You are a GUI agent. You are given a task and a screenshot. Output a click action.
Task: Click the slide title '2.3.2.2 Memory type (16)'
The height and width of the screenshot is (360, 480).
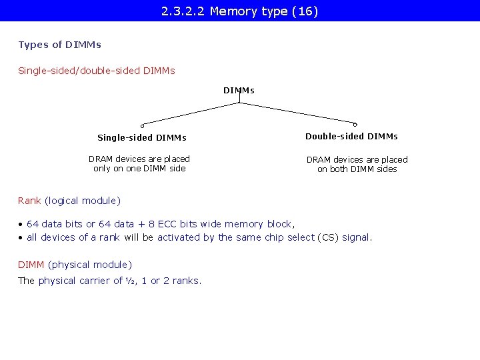click(239, 11)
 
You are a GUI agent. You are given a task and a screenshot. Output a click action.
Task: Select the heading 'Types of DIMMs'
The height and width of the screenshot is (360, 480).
click(60, 45)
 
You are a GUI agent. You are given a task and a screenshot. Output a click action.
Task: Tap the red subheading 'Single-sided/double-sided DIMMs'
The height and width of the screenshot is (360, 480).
click(97, 70)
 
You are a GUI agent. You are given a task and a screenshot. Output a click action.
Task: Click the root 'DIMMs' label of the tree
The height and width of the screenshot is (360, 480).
click(239, 90)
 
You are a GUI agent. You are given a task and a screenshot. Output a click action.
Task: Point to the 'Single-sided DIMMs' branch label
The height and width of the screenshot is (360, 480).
click(142, 138)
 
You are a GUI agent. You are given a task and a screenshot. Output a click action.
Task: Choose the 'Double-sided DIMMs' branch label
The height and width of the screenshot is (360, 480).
click(351, 136)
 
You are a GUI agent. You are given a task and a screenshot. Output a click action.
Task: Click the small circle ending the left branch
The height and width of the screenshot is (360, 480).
click(142, 125)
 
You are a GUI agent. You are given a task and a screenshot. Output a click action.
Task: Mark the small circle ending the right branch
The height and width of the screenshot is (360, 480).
click(355, 124)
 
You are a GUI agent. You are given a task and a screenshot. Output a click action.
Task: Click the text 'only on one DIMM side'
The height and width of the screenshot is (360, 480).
click(139, 169)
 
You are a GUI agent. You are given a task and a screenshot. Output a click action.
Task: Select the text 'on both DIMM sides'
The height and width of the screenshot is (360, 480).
click(357, 169)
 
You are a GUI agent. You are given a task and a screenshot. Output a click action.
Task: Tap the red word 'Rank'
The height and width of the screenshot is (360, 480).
click(29, 201)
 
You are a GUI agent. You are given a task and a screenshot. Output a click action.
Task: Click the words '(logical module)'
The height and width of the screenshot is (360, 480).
click(83, 201)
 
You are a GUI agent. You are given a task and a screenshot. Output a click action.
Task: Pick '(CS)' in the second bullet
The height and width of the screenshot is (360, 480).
click(328, 237)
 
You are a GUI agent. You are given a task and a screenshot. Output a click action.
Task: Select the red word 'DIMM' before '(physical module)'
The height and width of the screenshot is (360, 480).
click(31, 265)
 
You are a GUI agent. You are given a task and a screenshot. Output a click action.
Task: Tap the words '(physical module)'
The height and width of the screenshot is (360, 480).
click(90, 265)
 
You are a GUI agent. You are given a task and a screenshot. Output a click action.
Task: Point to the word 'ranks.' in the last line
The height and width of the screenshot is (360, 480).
click(187, 281)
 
